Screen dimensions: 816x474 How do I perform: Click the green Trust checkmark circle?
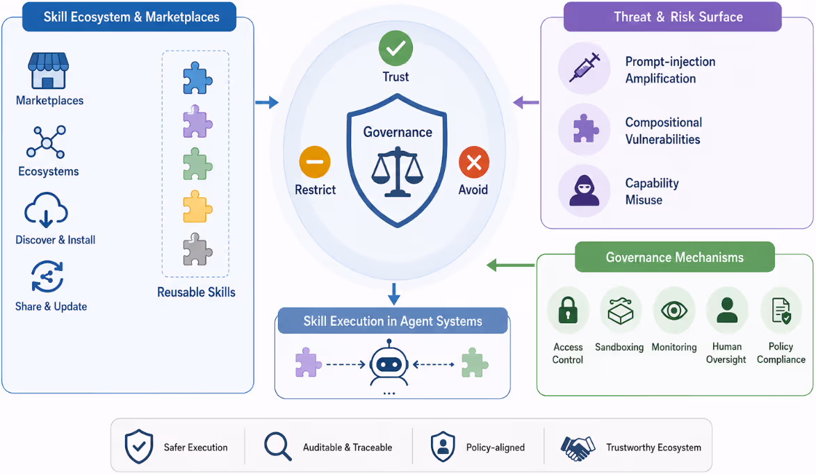coord(395,49)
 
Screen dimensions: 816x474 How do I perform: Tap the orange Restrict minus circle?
coord(315,162)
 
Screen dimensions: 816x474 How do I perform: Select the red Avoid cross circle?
coord(473,163)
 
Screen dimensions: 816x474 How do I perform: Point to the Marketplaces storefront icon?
coord(48,71)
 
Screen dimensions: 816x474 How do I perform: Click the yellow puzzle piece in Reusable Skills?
coord(197,206)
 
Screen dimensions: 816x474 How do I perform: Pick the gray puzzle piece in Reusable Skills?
coord(197,250)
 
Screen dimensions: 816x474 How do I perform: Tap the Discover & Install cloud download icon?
coord(46,210)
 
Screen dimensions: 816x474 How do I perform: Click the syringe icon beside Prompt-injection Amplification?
coord(585,67)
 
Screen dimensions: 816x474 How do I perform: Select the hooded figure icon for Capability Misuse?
coord(585,190)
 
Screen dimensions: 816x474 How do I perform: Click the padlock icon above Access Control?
coord(568,310)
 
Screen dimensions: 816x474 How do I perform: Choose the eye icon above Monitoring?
coord(674,311)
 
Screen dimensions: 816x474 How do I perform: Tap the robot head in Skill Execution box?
coord(389,363)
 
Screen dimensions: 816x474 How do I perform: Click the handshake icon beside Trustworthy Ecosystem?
coord(578,448)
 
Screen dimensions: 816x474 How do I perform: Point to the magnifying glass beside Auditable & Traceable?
coord(277,446)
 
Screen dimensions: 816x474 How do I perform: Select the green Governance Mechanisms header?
coord(674,257)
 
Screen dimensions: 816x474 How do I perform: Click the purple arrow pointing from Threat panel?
coord(525,102)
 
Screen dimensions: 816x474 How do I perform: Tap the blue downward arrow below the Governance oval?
coord(394,294)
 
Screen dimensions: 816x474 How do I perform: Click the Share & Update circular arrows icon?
coord(47,277)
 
